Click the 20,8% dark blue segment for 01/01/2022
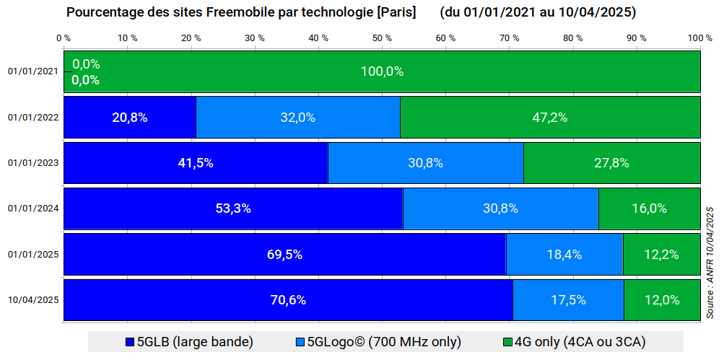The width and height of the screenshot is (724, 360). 130,117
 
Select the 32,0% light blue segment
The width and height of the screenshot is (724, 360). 298,117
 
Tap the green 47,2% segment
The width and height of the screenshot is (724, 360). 550,117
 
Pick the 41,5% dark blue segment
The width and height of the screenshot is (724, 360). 196,163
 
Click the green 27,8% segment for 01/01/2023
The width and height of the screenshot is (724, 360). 612,163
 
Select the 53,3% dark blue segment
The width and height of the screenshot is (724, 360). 233,208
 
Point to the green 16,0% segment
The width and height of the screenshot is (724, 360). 650,208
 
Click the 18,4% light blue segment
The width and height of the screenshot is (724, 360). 564,254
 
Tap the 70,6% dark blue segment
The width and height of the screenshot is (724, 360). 288,299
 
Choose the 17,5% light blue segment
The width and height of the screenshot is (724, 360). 568,299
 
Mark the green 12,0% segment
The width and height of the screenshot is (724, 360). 663,299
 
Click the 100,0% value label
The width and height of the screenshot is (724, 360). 383,71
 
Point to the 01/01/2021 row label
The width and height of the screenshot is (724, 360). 33,71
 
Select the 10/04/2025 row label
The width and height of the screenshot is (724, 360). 33,300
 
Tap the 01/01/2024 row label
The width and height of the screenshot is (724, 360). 33,208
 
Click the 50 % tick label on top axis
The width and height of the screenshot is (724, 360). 382,38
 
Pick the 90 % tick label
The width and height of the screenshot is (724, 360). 637,38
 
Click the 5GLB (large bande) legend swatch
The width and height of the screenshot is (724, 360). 130,342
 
